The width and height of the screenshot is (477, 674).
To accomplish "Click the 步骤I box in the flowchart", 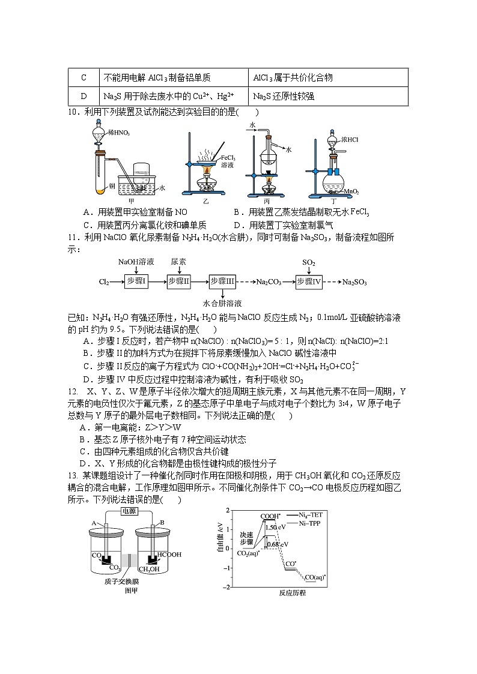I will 136,281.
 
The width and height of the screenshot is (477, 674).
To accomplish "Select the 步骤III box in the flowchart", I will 222,281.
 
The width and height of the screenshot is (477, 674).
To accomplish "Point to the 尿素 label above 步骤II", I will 178,262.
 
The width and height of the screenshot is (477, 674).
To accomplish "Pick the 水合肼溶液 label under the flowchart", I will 222,303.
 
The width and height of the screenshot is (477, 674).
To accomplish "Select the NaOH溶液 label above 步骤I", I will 136,262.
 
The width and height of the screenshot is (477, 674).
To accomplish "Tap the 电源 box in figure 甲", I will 128,511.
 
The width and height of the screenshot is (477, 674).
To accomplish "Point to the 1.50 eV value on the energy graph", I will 272,528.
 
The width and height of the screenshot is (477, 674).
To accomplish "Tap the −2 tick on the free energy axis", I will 226,587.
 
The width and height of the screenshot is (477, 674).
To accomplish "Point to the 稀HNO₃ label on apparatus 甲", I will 118,133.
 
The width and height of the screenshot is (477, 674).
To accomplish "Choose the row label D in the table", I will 83,96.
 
